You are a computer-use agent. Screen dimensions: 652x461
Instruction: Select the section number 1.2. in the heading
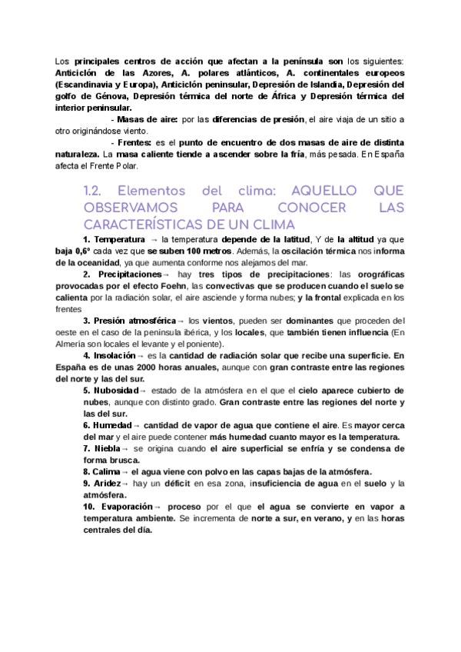tap(96, 191)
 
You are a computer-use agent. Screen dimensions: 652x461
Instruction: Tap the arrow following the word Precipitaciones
tap(166, 274)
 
